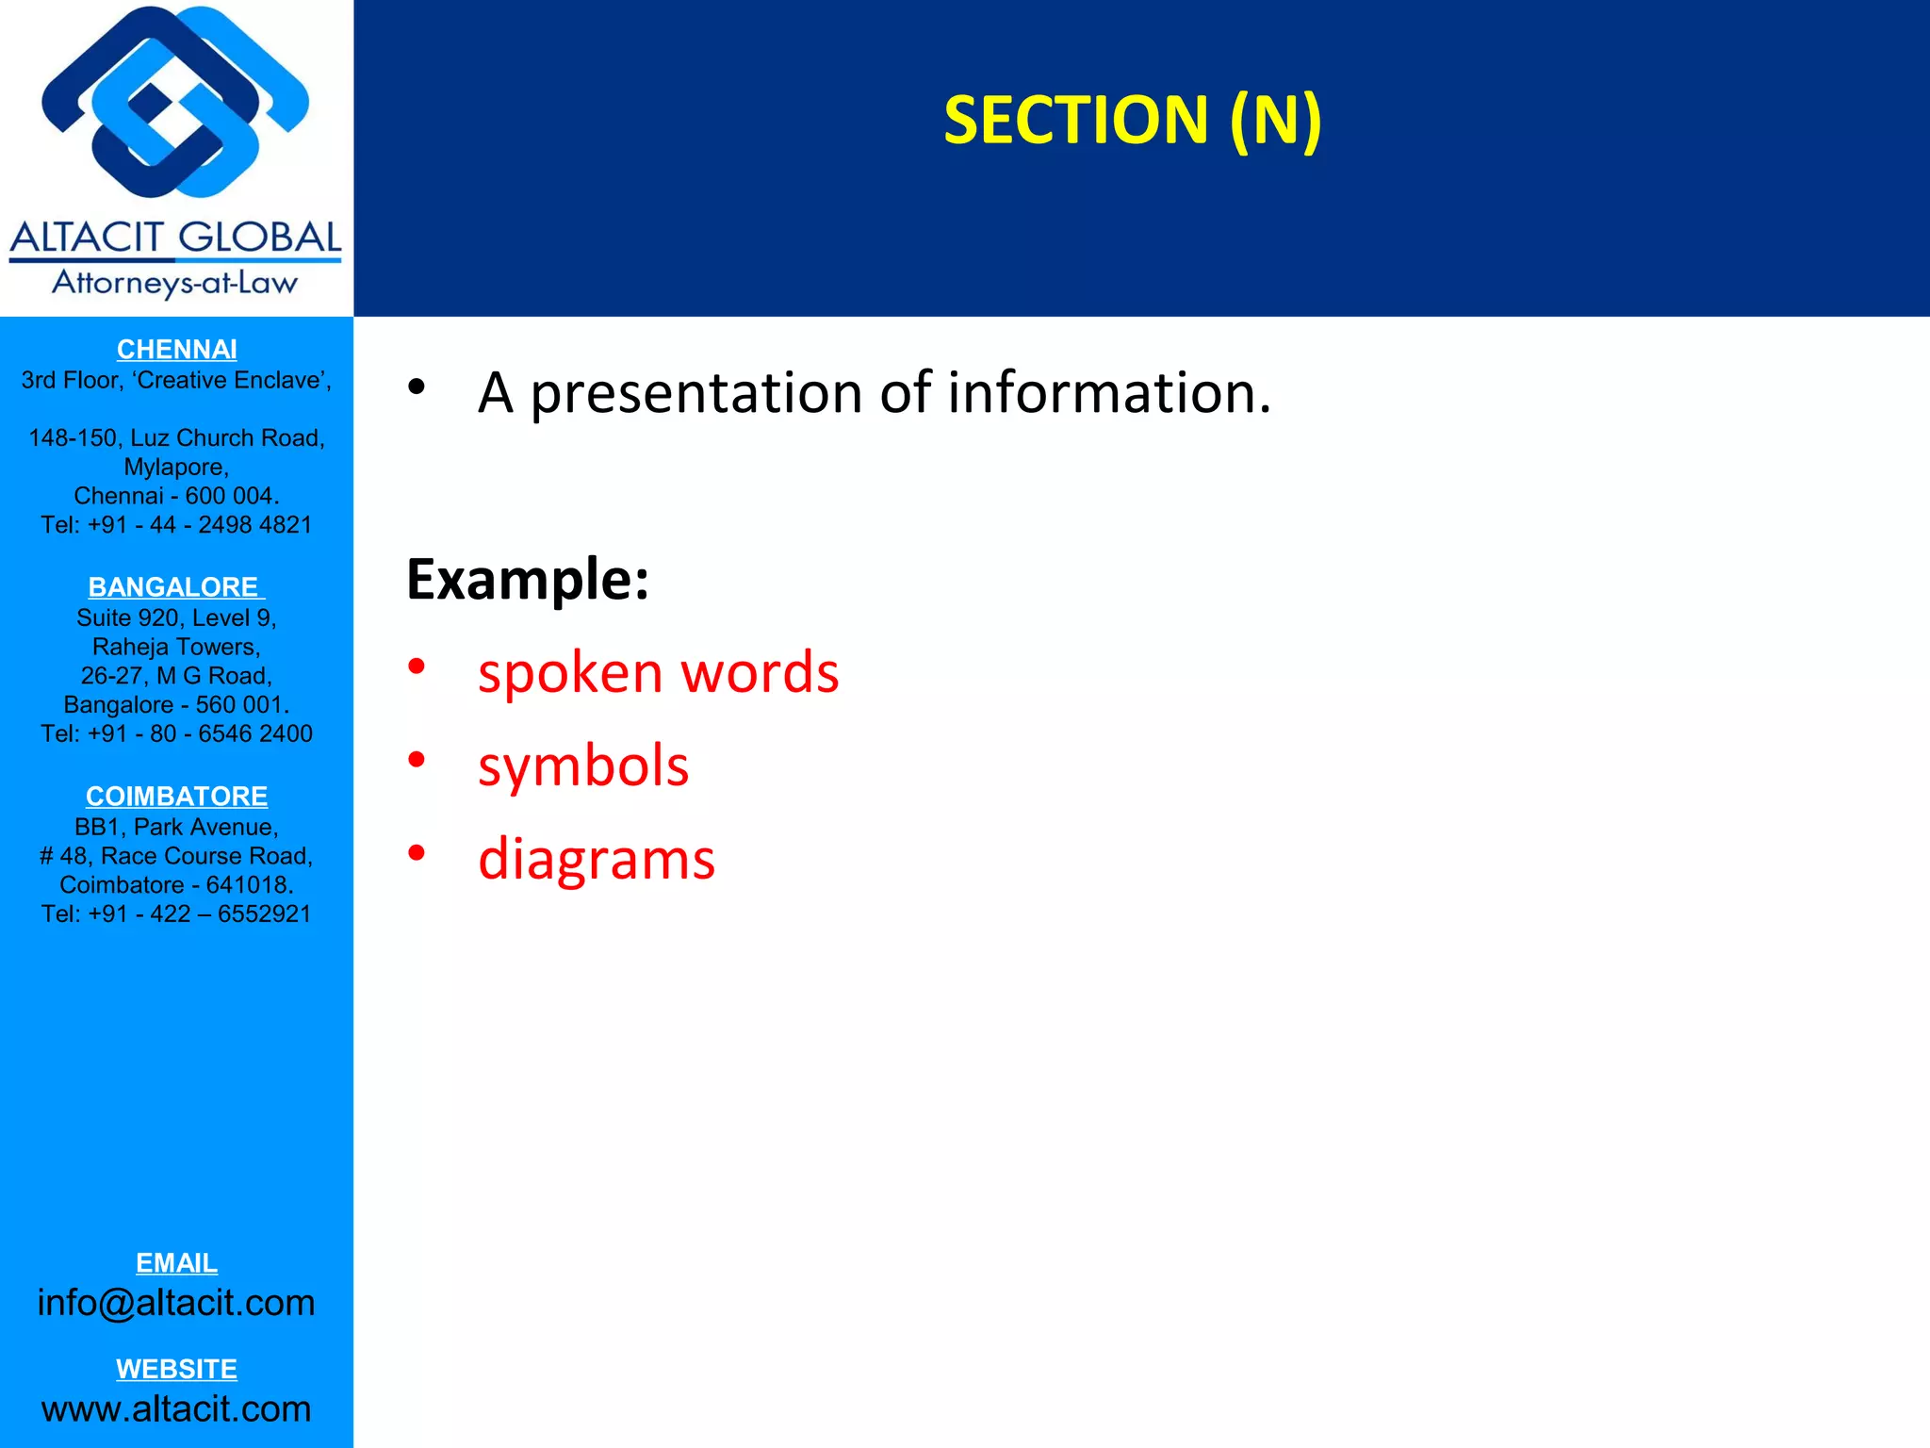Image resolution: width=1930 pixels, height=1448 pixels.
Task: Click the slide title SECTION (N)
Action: click(x=1132, y=121)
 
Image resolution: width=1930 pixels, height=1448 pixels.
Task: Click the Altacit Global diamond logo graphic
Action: click(x=175, y=102)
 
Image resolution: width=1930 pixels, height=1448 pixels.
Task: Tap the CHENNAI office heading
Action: click(x=176, y=350)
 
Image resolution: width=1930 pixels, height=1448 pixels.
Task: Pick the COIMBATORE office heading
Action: click(x=176, y=797)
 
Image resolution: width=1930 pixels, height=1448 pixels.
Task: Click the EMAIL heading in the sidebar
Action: click(x=176, y=1263)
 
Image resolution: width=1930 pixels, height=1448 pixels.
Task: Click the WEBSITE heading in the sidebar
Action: click(x=176, y=1369)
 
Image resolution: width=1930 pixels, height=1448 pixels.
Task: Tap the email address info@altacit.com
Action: click(x=176, y=1303)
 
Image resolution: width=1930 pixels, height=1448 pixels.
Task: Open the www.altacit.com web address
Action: click(x=176, y=1409)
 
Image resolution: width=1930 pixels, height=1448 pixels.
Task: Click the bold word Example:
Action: click(x=528, y=579)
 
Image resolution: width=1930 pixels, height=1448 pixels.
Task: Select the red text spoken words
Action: click(x=658, y=673)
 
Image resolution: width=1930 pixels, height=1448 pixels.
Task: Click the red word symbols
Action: click(x=583, y=765)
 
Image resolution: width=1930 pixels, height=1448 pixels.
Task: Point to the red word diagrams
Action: click(x=597, y=859)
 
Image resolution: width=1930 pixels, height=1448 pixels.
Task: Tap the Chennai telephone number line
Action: click(x=176, y=525)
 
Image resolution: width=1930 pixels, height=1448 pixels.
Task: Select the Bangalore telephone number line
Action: click(x=176, y=734)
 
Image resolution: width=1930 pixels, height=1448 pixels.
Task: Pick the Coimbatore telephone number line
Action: click(x=176, y=914)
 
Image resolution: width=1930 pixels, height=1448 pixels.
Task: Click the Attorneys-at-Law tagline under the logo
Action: click(x=175, y=283)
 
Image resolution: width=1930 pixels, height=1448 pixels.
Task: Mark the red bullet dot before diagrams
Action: click(x=417, y=853)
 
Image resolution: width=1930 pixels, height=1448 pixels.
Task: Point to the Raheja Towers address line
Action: click(x=176, y=648)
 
